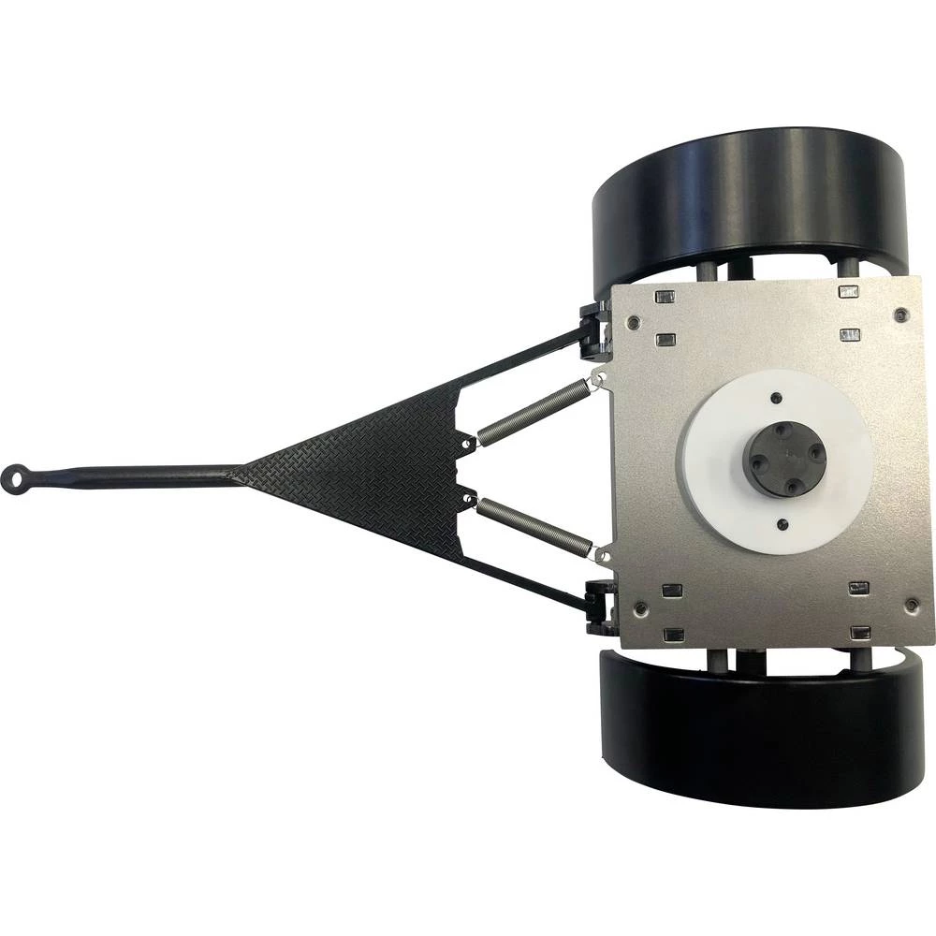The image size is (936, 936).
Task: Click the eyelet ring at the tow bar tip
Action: [x=17, y=477]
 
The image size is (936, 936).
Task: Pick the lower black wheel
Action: [x=758, y=735]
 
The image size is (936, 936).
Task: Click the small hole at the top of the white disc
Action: [x=776, y=398]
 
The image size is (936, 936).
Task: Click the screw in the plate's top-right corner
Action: [x=900, y=314]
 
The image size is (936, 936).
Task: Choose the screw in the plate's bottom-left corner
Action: [x=639, y=611]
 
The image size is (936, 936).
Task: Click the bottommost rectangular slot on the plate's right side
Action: [x=858, y=635]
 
